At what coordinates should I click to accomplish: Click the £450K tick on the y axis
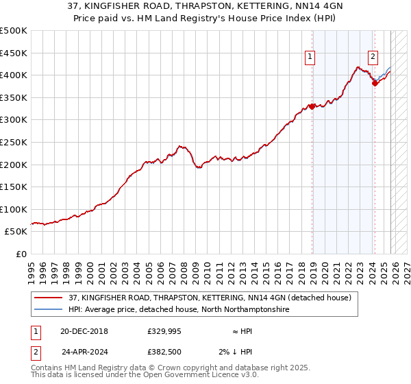[14, 53]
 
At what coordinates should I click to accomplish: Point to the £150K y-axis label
[14, 187]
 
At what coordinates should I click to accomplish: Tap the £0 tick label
[21, 254]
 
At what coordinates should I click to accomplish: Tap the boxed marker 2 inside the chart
[373, 58]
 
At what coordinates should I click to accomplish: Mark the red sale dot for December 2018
[312, 106]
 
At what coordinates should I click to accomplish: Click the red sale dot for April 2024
[375, 83]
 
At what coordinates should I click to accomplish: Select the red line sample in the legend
[48, 298]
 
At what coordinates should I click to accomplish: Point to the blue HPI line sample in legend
[48, 310]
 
